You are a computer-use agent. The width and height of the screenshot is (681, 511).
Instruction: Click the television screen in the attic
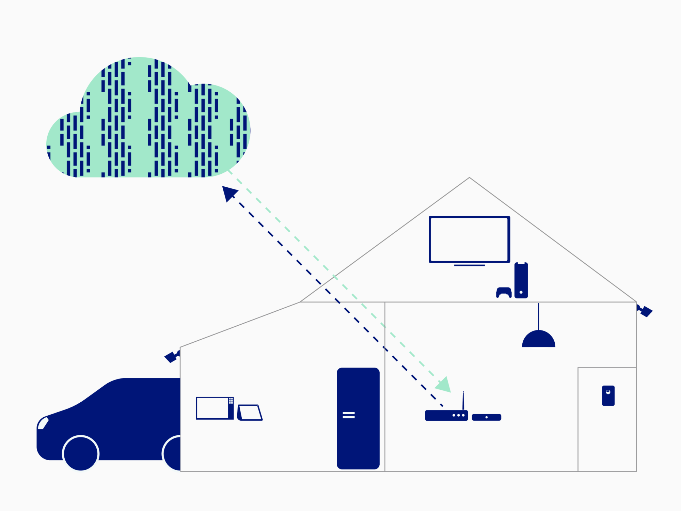click(x=469, y=239)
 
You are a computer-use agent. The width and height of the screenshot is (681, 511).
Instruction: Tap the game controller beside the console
click(x=504, y=292)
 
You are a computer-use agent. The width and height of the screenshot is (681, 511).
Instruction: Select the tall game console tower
click(x=521, y=280)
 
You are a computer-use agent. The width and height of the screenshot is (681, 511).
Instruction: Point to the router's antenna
click(x=463, y=401)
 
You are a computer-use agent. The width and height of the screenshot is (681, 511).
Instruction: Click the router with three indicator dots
click(x=446, y=416)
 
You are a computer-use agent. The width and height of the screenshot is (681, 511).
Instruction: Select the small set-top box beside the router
click(x=486, y=417)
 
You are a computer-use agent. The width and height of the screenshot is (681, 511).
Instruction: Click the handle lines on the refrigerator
click(x=348, y=415)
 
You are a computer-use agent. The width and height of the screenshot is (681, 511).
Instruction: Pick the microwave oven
click(x=215, y=408)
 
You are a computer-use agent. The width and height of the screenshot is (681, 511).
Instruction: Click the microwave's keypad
click(x=231, y=401)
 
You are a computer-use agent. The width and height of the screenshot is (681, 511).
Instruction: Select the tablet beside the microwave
click(x=250, y=413)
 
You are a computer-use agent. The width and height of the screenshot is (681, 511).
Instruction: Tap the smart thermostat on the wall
click(x=608, y=396)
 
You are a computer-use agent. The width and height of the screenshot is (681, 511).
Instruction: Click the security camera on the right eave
click(x=645, y=311)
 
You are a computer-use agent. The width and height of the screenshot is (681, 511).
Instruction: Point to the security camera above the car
click(x=172, y=357)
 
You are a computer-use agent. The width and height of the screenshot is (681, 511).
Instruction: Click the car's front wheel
click(x=81, y=453)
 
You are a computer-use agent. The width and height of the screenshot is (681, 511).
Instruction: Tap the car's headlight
click(x=43, y=423)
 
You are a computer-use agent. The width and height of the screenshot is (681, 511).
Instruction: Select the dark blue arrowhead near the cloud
click(x=229, y=193)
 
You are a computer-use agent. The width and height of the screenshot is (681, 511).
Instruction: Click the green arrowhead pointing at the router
click(x=444, y=385)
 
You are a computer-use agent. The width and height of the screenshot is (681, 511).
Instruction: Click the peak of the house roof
click(x=469, y=178)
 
